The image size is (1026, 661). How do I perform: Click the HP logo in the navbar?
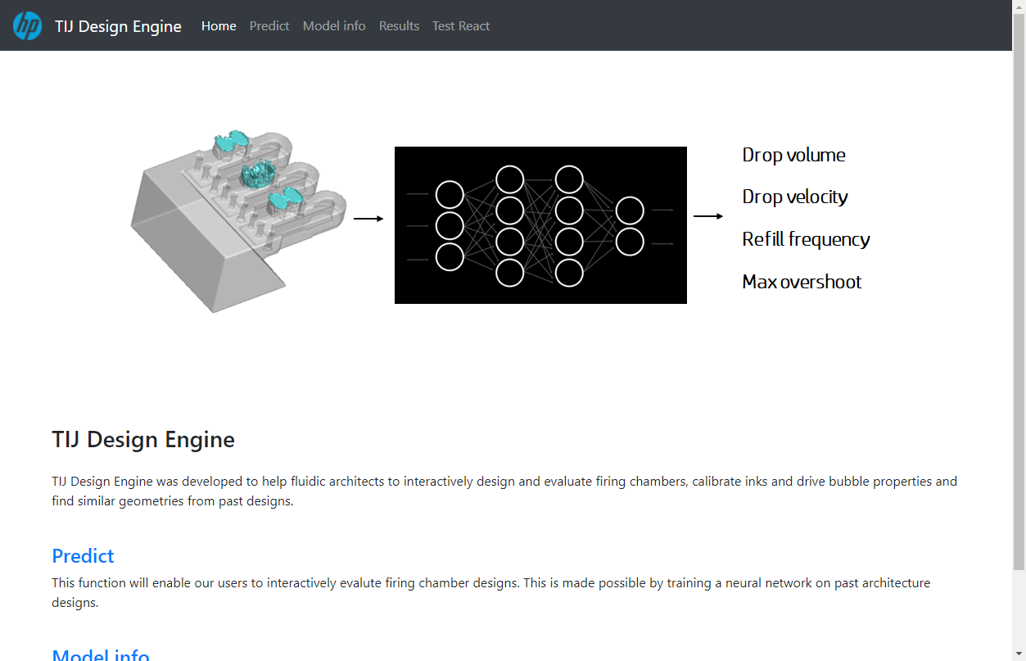[28, 25]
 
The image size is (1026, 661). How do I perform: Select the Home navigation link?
[219, 26]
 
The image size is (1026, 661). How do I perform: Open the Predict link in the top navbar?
[269, 26]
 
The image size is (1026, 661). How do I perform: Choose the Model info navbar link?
[334, 26]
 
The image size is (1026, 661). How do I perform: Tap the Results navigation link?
[399, 26]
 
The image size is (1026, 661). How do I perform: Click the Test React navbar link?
[461, 26]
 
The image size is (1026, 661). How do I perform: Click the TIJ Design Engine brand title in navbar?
[118, 26]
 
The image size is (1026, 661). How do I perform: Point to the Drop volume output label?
[793, 156]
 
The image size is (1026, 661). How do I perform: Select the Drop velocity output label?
[795, 197]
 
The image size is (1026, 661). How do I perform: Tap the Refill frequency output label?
[806, 239]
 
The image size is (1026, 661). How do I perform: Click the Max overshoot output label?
[802, 282]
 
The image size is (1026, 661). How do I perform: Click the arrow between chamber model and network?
[368, 219]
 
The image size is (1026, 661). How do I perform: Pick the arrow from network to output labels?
[708, 215]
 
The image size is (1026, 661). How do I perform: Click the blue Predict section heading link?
[83, 556]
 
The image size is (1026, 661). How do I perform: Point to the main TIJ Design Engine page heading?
[143, 440]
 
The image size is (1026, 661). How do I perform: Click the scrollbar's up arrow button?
[1019, 7]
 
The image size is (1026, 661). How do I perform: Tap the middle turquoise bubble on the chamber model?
[259, 174]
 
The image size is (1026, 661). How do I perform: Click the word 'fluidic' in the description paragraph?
[308, 482]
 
